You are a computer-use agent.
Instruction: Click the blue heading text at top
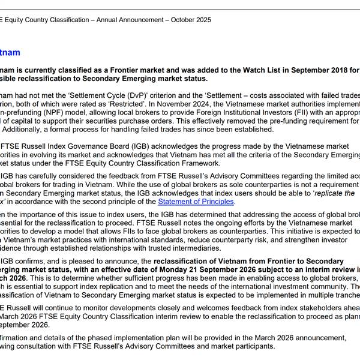[10, 53]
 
